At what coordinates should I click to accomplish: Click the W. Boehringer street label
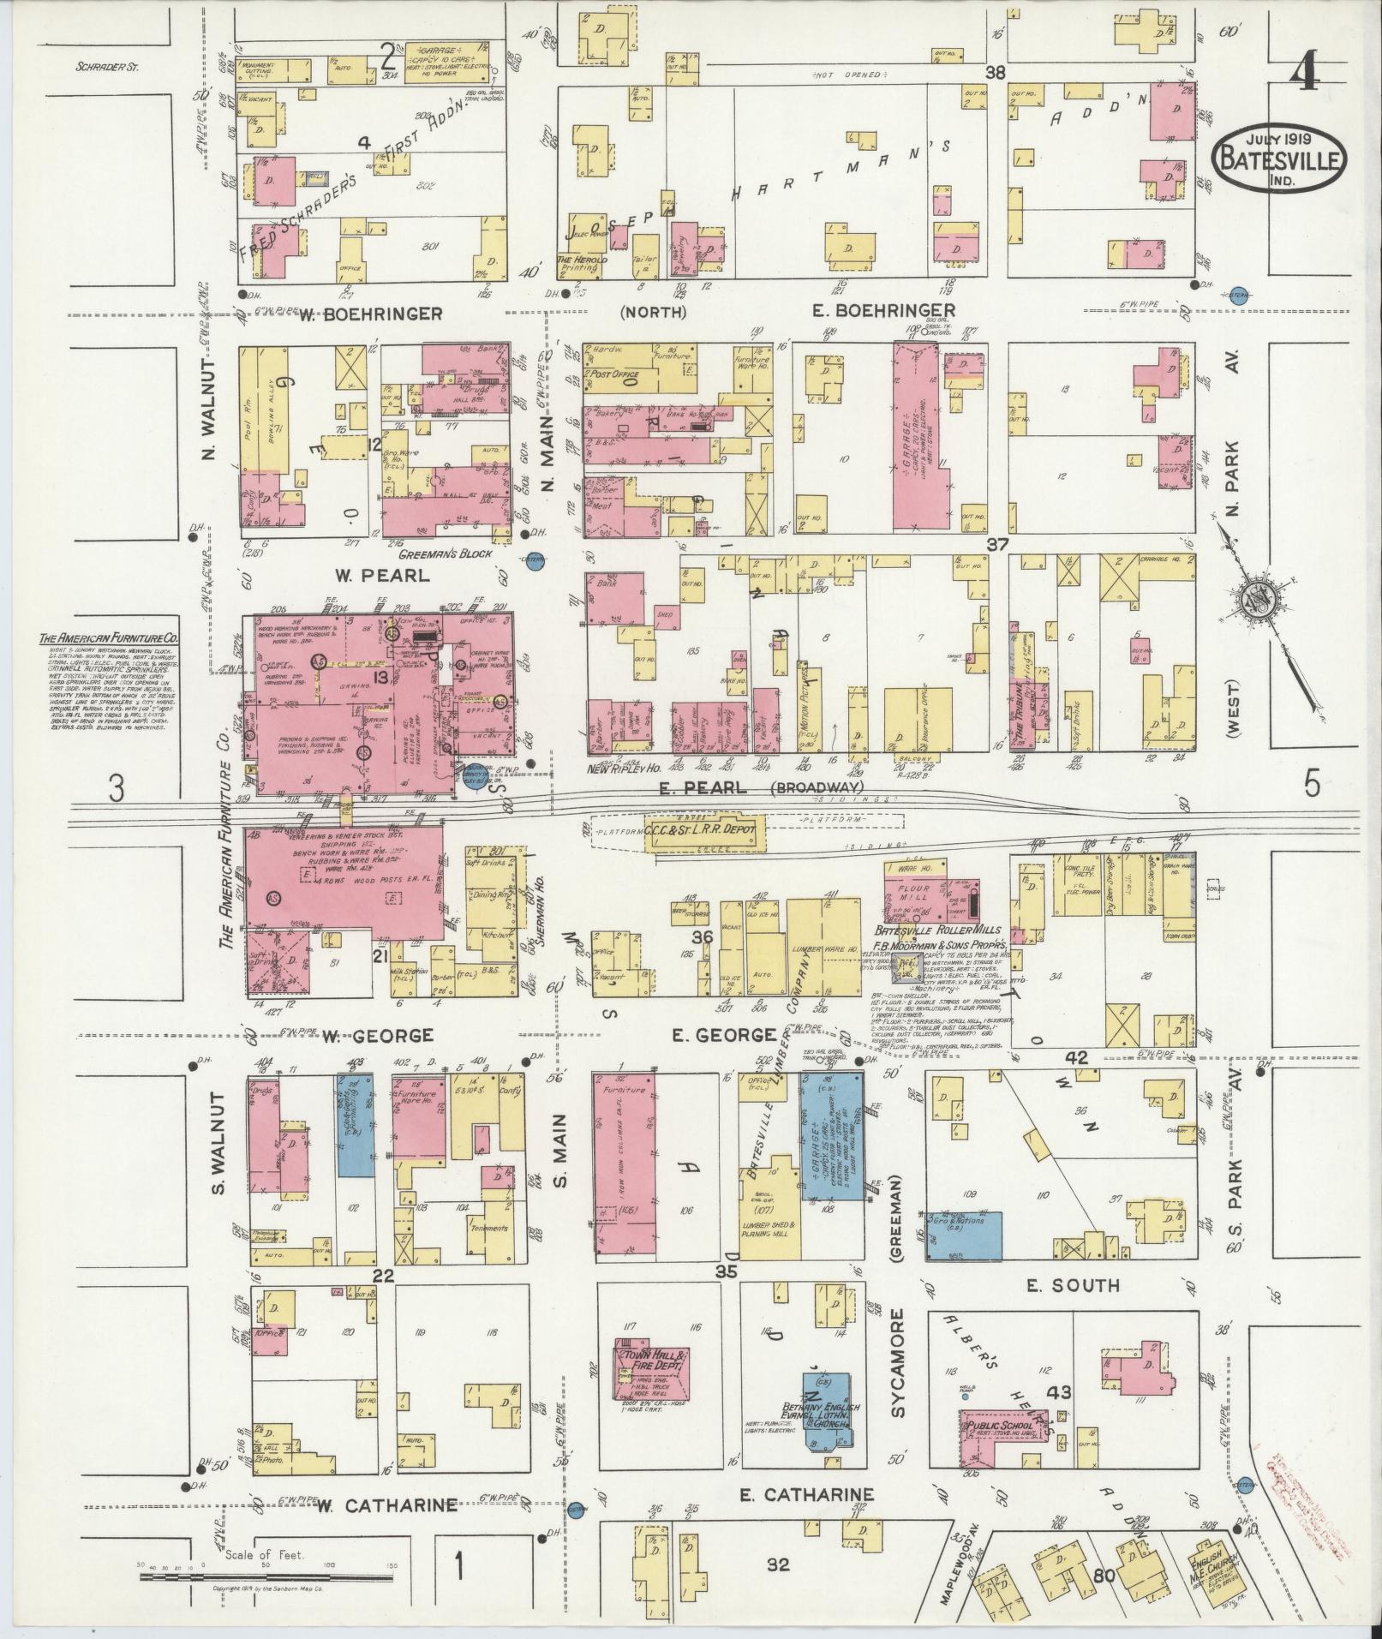[372, 314]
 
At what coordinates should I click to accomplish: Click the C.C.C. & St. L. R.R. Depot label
[706, 830]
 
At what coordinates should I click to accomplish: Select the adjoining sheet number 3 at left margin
[116, 787]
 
